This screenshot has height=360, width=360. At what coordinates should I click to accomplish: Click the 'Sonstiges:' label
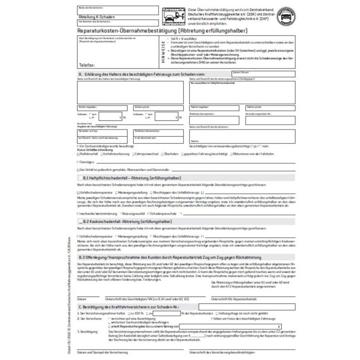(x=86, y=161)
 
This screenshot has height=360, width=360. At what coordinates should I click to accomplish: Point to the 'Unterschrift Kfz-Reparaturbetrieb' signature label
(x=242, y=299)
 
